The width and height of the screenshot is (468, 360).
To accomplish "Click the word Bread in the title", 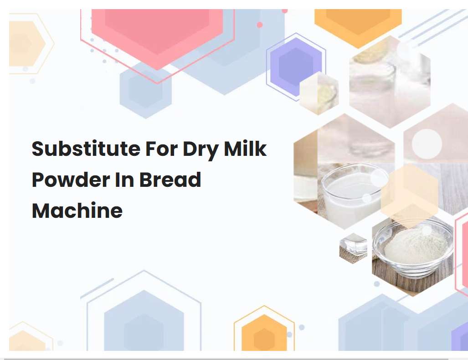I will coord(170,180).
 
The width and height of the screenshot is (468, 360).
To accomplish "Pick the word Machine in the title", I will coord(77,210).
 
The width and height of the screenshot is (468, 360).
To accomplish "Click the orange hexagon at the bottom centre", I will coord(264,335).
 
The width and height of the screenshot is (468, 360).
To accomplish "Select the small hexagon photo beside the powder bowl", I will coord(353,247).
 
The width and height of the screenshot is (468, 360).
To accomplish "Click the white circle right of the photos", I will coord(427,144).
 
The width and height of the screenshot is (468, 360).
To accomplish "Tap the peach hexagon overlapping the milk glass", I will coord(409,195).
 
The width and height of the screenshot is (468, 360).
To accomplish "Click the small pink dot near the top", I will coord(260,25).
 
